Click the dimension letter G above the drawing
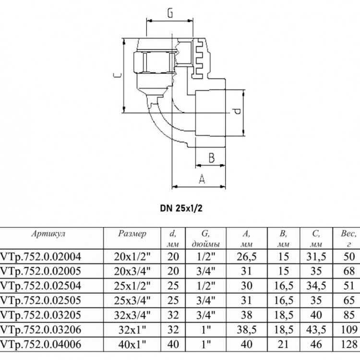(x=170, y=13)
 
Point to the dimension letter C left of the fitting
(x=117, y=75)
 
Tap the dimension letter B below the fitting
(x=212, y=158)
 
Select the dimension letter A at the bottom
(x=202, y=179)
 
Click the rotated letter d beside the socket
(x=236, y=112)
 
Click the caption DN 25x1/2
(x=181, y=208)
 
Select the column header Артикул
(x=48, y=234)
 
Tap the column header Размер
(x=132, y=234)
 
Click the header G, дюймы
(x=205, y=239)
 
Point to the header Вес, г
(x=348, y=239)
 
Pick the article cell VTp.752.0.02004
(x=41, y=256)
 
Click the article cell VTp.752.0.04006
(x=41, y=344)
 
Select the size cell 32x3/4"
(x=132, y=315)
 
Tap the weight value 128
(x=349, y=344)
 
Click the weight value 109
(x=349, y=329)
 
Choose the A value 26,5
(x=247, y=257)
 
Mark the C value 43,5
(x=316, y=330)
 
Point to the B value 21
(x=283, y=344)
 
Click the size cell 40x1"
(x=132, y=344)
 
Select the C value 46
(x=316, y=344)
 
